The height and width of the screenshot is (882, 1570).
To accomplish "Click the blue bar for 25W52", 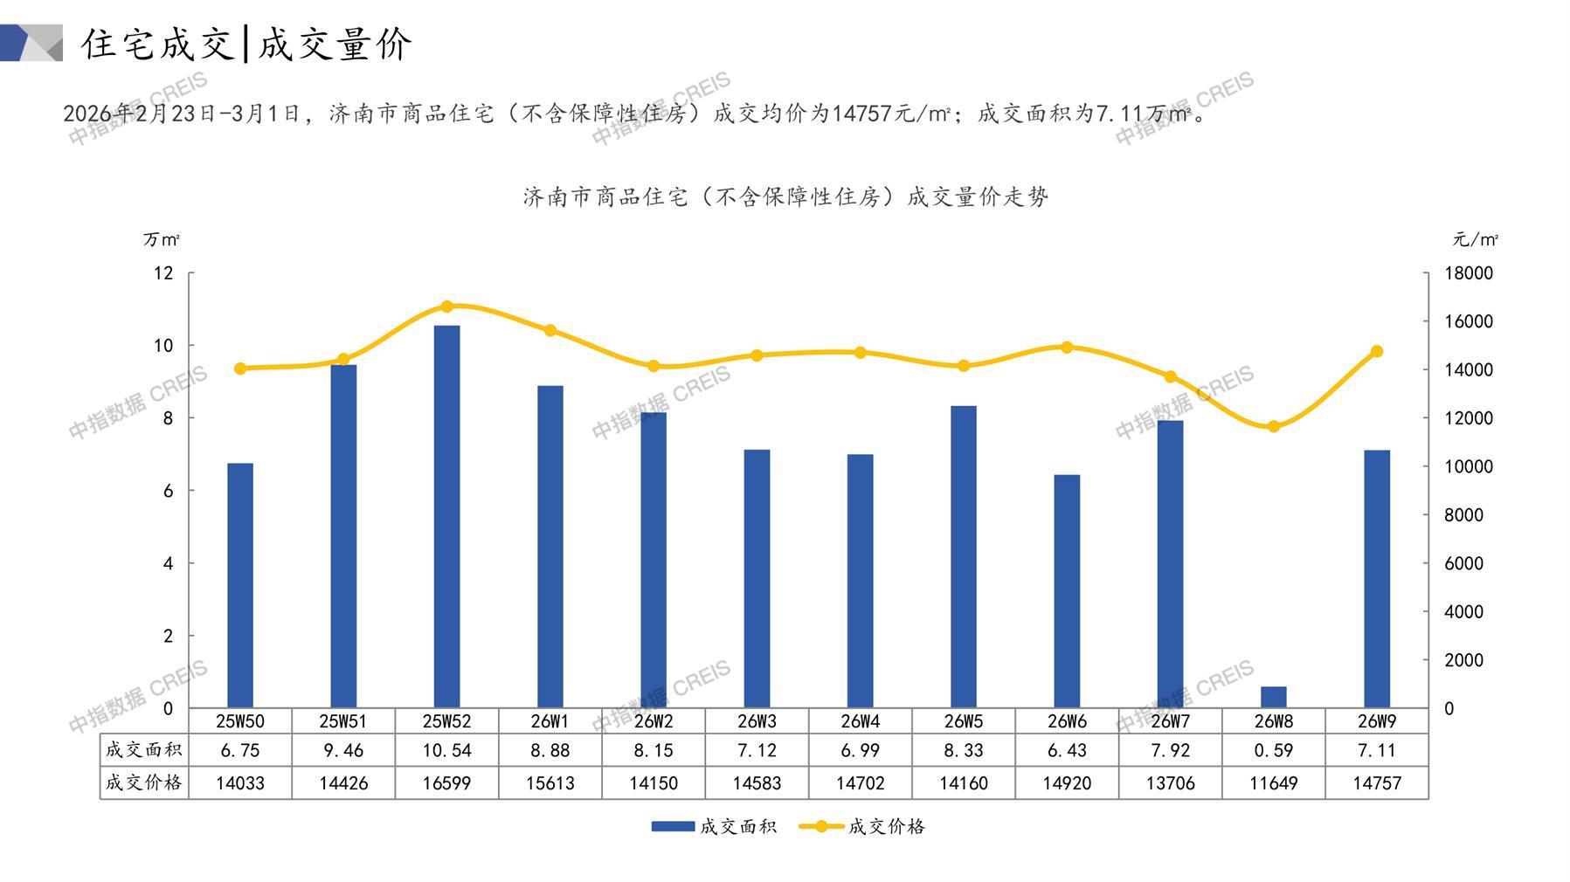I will [446, 516].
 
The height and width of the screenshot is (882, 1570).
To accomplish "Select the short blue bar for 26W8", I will [1273, 697].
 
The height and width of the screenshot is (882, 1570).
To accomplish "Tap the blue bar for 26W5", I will [964, 556].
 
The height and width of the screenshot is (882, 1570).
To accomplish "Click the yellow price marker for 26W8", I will [1273, 426].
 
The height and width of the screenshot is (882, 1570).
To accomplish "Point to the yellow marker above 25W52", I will [446, 307].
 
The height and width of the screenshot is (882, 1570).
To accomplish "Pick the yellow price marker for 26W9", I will [1377, 351].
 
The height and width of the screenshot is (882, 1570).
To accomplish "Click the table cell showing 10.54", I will [446, 750].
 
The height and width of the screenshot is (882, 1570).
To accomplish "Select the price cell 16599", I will [446, 783].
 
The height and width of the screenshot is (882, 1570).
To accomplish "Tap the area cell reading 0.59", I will [1273, 750].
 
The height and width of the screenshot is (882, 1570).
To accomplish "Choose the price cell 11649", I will [1273, 783].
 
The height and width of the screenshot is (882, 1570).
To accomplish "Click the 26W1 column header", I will [550, 721].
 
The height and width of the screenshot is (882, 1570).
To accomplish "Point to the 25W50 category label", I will [240, 721].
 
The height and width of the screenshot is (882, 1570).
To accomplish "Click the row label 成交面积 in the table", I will [143, 750].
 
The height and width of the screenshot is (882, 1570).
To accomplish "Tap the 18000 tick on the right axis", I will [1469, 273].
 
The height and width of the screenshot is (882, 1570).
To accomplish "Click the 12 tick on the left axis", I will [163, 273].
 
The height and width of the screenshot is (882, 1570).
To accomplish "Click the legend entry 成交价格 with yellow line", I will [885, 826].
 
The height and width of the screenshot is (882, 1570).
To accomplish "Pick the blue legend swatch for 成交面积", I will [673, 826].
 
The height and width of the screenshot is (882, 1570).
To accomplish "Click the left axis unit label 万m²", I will [162, 239].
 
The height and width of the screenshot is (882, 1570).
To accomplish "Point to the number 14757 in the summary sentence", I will [861, 114].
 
